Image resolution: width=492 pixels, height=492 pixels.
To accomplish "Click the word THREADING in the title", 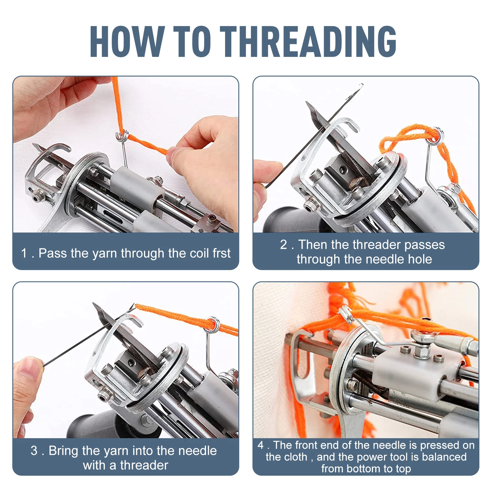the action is click(x=308, y=41).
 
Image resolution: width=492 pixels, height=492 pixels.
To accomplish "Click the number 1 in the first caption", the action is click(x=24, y=253).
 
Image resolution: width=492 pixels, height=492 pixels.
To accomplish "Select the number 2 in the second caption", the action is click(x=284, y=245).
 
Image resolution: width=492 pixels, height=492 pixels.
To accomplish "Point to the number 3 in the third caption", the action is click(x=34, y=451).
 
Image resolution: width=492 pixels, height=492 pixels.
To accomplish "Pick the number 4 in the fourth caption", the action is click(x=261, y=445).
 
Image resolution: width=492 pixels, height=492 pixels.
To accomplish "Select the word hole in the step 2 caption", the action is click(x=420, y=259).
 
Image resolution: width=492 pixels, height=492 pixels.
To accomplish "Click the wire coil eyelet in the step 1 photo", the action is click(x=122, y=136).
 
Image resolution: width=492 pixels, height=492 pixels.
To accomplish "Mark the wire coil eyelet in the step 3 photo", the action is click(x=212, y=324).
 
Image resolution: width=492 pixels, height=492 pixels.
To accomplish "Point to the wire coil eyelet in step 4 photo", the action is click(x=346, y=314).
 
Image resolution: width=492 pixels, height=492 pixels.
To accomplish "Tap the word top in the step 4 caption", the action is click(x=403, y=469).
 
